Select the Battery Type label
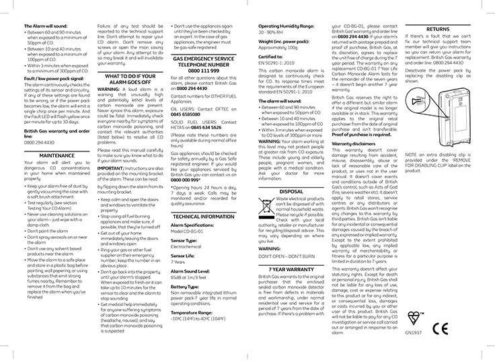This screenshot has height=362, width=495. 185,287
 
